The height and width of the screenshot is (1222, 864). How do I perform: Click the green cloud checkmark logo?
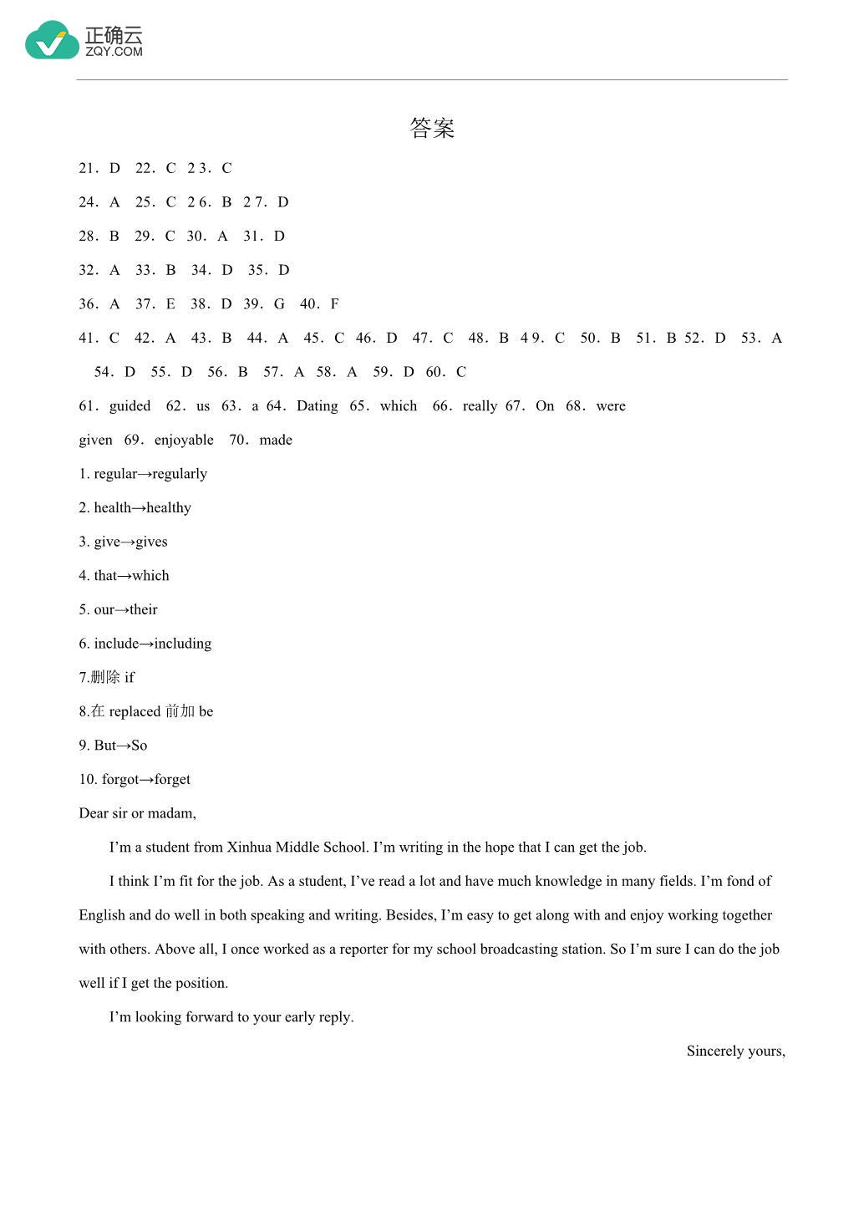(x=52, y=41)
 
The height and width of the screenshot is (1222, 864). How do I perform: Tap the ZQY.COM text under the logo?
(x=114, y=52)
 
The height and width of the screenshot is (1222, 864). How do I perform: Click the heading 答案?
(x=432, y=128)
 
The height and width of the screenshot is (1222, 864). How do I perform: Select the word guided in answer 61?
(x=130, y=406)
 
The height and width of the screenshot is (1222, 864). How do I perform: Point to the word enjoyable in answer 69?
(x=184, y=440)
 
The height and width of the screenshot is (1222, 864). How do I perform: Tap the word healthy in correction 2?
(x=169, y=508)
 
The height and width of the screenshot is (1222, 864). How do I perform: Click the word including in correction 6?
(x=182, y=644)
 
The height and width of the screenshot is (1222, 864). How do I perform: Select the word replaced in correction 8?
(x=135, y=712)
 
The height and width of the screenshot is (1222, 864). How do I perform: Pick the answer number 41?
(x=88, y=339)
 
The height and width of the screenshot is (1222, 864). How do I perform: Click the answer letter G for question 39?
(x=279, y=304)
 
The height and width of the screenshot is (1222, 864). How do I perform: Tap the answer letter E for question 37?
(x=170, y=304)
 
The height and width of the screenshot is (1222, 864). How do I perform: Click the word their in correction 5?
(x=143, y=610)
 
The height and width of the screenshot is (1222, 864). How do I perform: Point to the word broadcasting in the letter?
(x=517, y=950)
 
